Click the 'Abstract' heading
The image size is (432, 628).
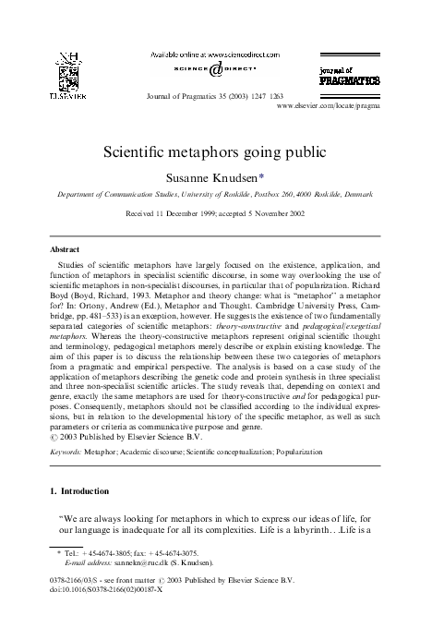point(63,250)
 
